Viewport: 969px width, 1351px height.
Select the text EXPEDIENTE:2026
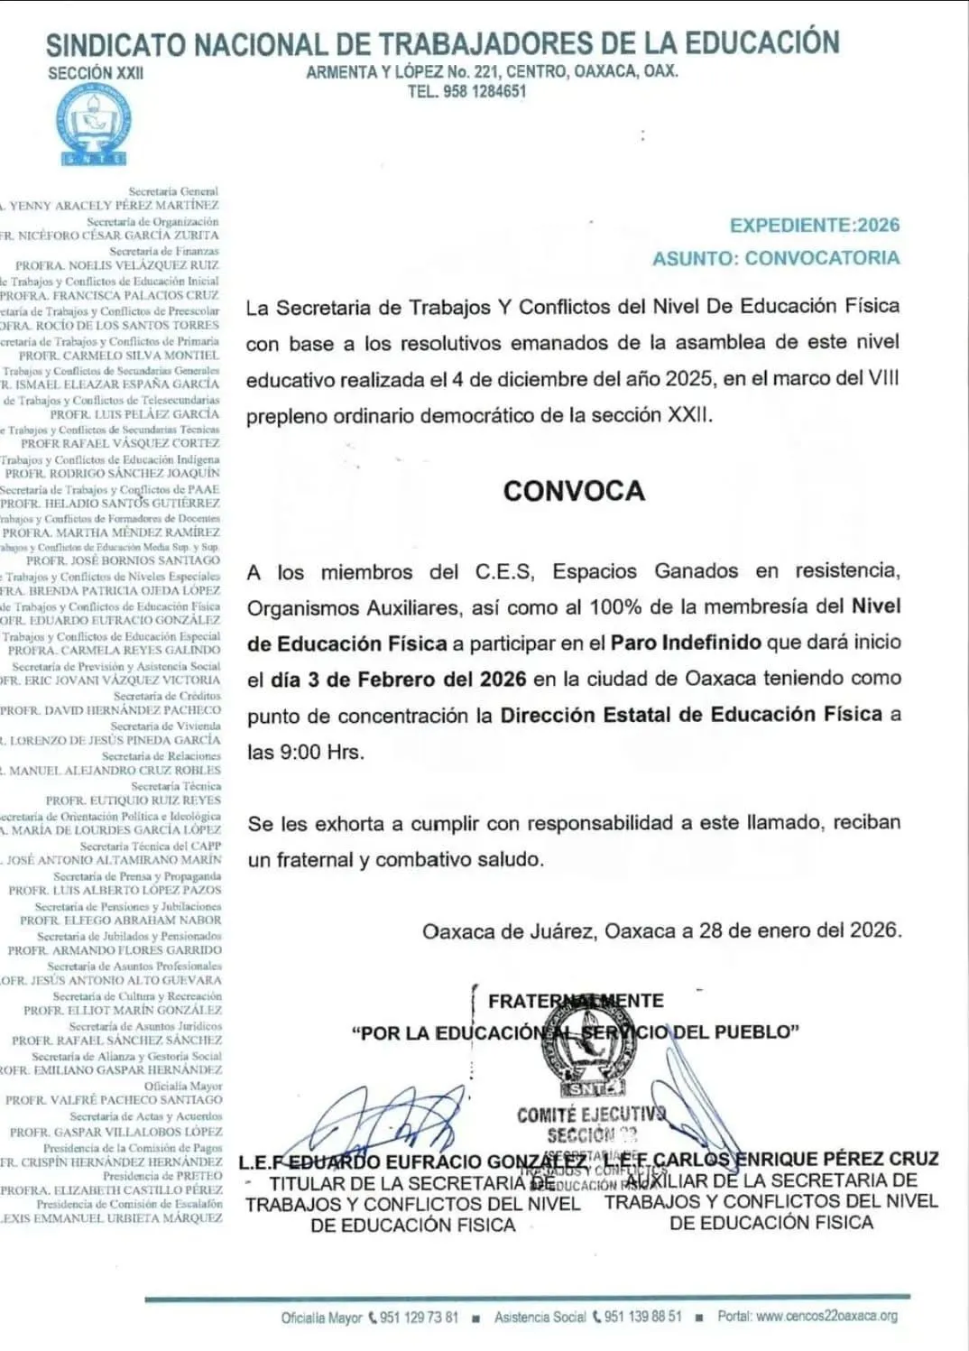(815, 226)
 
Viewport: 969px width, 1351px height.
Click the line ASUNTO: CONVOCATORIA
(776, 258)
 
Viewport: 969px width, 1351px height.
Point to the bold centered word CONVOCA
(574, 491)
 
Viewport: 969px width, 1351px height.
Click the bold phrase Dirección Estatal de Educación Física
(691, 715)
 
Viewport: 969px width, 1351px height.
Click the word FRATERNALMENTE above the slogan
(576, 1001)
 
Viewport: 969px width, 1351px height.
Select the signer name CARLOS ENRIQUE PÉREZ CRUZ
(794, 1159)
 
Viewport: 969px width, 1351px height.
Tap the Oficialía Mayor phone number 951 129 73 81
(419, 1318)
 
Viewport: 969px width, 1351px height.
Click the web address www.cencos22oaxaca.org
(826, 1316)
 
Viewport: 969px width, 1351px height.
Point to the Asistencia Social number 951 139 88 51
(642, 1317)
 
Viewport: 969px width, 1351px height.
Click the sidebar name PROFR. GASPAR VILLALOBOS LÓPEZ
(115, 1131)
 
